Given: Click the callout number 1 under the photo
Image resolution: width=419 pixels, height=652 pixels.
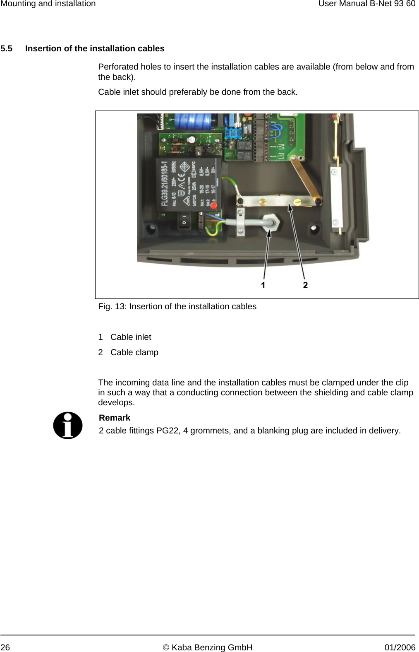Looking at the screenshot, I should point(263,285).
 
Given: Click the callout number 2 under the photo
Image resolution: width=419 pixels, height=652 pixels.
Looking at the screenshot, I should point(305,285).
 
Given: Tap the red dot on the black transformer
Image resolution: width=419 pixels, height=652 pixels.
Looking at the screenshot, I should point(213,205).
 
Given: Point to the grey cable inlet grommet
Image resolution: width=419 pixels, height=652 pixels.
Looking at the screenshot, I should point(271,222).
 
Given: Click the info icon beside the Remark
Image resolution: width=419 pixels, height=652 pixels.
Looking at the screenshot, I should point(68,425).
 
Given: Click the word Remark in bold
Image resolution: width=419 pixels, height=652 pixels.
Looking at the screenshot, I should point(115,418).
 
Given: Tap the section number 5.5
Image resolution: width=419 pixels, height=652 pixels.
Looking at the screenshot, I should point(6,48).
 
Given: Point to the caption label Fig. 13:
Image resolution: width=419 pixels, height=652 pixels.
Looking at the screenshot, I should point(113,306).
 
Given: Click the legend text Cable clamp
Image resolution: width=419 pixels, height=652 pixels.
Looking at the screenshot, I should point(134,352).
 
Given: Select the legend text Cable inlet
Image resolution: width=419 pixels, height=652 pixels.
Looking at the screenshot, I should point(131,337).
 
